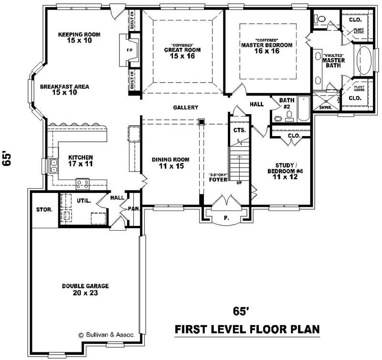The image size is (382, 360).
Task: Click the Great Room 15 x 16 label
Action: tap(182, 52)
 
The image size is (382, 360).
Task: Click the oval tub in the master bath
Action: tap(364, 60)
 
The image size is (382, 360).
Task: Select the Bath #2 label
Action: tap(287, 104)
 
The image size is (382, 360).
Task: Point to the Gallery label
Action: tap(185, 108)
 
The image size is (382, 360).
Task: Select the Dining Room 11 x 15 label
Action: tap(170, 163)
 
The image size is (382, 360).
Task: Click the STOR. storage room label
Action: tap(44, 210)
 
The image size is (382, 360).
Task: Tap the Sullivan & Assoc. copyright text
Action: tap(106, 335)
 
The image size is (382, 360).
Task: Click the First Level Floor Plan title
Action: tap(247, 329)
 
